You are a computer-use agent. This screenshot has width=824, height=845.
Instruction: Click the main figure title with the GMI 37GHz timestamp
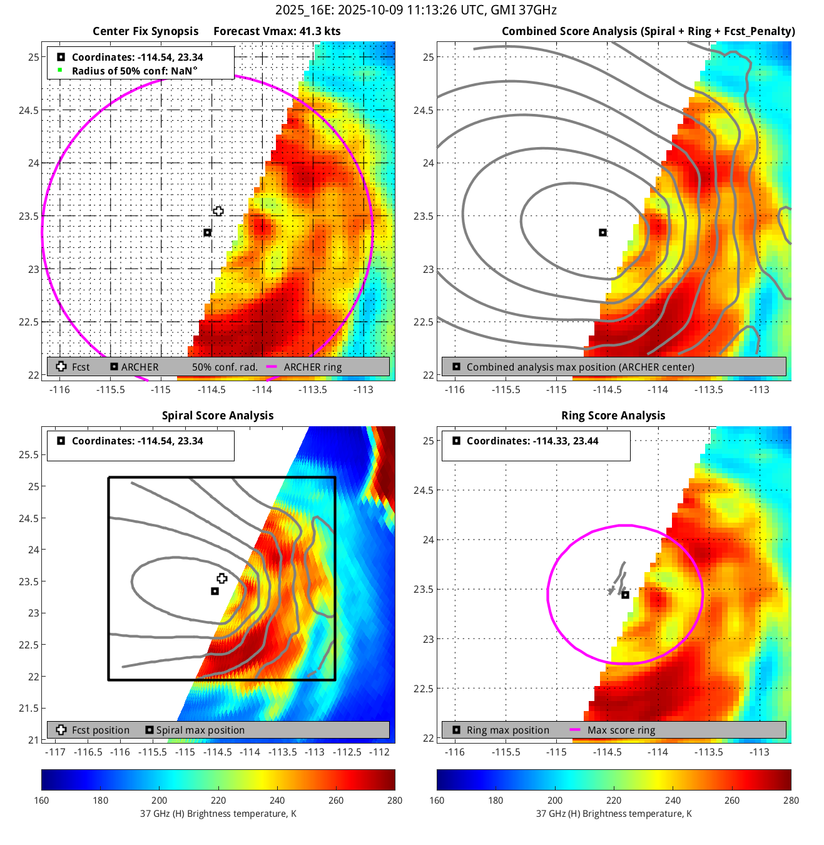pos(415,10)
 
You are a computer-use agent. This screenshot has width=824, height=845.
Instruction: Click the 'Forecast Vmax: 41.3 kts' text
pos(277,31)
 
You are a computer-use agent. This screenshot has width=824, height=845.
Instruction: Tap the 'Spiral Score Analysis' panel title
pos(218,416)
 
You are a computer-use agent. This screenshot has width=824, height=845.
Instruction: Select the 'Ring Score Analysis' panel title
pos(613,416)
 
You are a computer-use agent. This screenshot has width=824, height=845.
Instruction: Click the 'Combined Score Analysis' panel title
pos(648,31)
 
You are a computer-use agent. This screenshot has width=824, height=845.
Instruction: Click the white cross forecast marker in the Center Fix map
pos(218,212)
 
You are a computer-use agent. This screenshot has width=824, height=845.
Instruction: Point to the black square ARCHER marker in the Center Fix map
pos(208,233)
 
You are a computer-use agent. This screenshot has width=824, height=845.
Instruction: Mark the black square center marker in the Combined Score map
pos(603,233)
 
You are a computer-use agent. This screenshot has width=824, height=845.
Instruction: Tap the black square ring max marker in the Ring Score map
pos(625,595)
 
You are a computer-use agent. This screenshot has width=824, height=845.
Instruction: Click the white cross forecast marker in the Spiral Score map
pos(222,578)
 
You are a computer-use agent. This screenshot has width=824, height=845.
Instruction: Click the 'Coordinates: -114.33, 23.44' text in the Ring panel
pos(532,441)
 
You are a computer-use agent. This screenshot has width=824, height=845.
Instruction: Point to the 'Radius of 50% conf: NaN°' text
pos(134,71)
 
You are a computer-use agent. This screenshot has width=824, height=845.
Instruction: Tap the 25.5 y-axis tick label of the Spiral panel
pos(28,455)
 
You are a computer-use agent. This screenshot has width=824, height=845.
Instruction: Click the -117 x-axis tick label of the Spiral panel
pos(56,752)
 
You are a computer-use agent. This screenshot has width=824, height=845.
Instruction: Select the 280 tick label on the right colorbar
pos(791,801)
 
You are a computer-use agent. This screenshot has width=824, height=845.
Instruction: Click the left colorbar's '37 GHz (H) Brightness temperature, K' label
pos(218,814)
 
